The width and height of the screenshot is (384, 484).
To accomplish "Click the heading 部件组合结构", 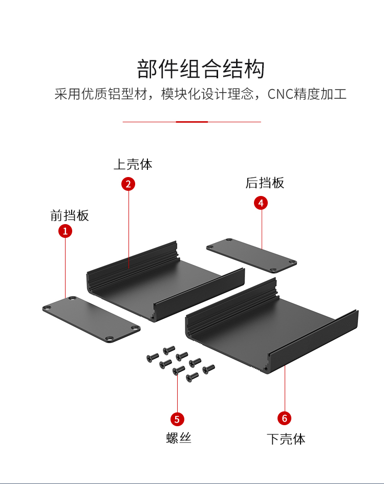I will [201, 69].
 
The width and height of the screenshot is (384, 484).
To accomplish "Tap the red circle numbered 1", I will [65, 231].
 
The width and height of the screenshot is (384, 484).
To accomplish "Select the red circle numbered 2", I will [128, 184].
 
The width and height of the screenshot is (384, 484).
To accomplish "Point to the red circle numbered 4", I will [261, 203].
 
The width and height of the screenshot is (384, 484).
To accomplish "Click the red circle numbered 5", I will [177, 420].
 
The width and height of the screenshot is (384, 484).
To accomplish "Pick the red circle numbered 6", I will [285, 418].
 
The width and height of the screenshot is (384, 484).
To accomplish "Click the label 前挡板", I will [70, 215].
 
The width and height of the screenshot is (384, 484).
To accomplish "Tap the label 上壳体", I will [133, 164].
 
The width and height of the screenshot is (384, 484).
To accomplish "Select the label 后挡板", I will [265, 183].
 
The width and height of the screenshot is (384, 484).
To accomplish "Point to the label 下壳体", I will [286, 439].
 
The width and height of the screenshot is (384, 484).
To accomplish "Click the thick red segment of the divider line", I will [192, 122].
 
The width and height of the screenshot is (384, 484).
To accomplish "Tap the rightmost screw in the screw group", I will [209, 368].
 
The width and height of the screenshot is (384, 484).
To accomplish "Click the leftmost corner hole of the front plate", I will [47, 308].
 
